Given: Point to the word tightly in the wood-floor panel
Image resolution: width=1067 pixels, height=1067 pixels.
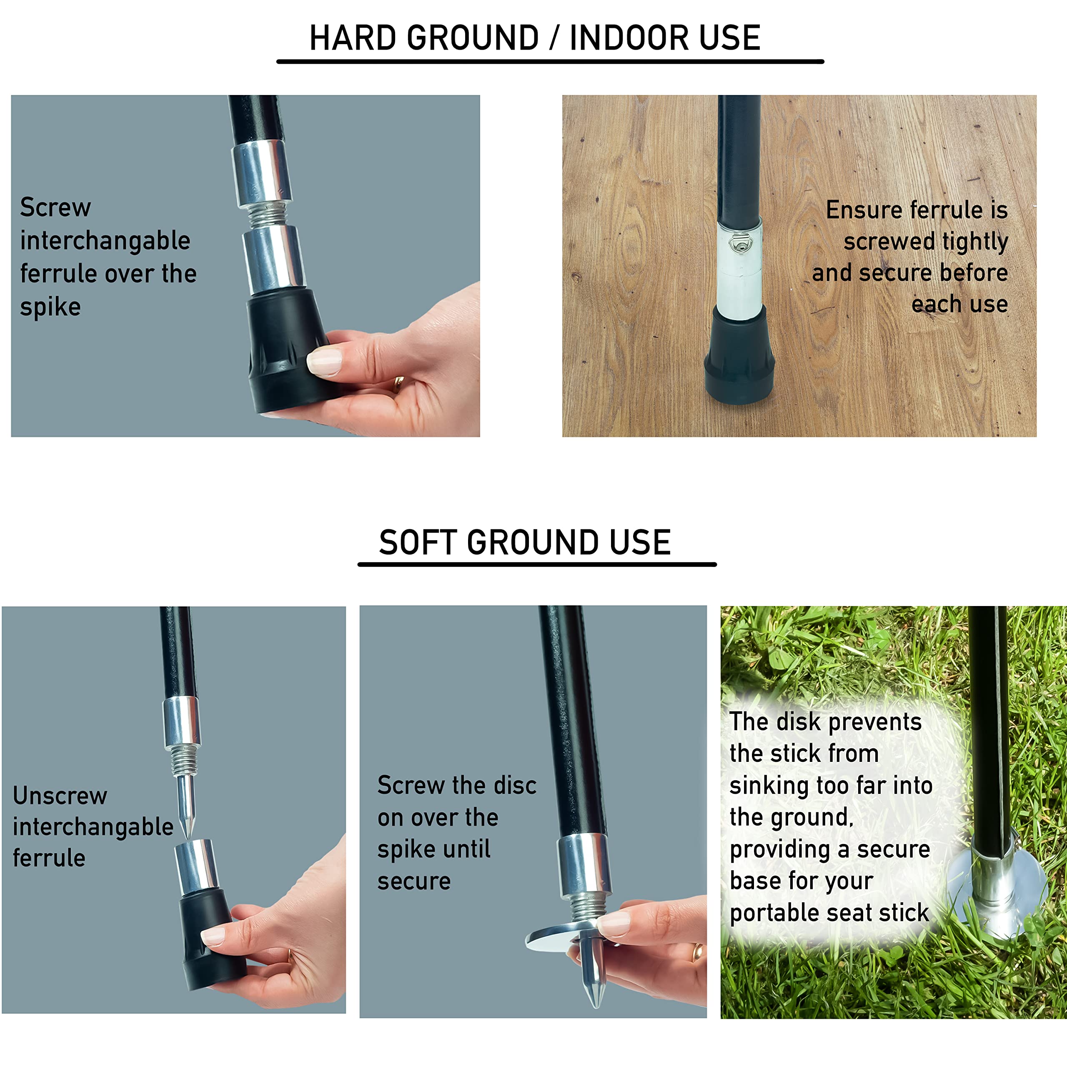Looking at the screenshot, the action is tap(975, 242).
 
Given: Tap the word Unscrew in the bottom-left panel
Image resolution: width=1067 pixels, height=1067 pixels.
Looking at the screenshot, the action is tap(60, 796).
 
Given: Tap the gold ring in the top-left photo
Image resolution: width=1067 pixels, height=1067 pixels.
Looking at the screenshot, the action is tap(398, 384).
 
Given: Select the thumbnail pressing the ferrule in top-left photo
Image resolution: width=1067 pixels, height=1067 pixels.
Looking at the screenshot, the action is tap(324, 362).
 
